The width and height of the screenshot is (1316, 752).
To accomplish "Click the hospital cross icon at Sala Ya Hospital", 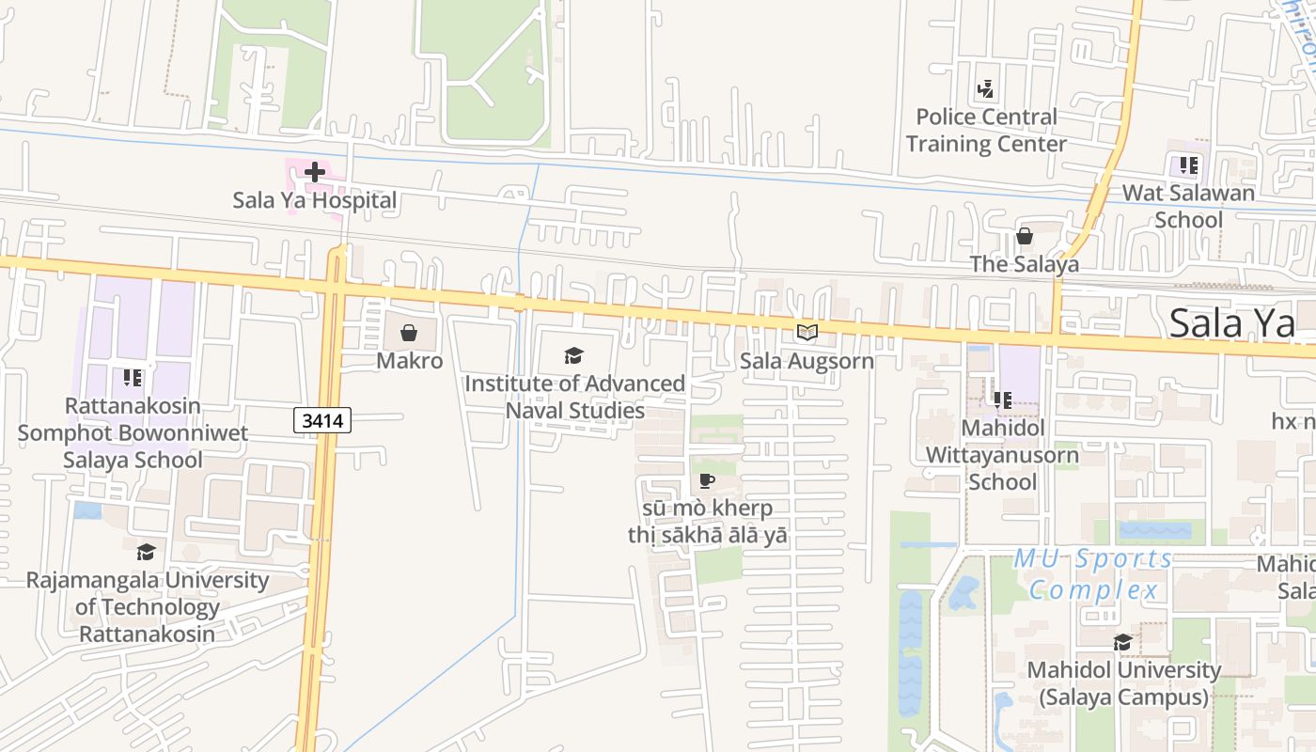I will click(x=315, y=172).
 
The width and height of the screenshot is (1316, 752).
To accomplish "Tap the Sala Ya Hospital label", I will click(x=315, y=200).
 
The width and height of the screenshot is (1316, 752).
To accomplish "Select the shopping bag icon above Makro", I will click(x=409, y=333).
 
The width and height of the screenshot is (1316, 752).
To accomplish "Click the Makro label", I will click(x=409, y=361).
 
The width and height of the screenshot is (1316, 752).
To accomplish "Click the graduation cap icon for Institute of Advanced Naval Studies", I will click(x=573, y=355).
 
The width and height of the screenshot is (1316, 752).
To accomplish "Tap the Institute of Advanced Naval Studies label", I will click(x=575, y=397).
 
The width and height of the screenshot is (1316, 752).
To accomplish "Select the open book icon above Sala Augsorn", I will click(x=807, y=332).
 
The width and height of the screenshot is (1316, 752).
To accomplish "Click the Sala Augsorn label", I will click(x=807, y=361).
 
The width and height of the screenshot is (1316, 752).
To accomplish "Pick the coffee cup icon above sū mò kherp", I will click(x=707, y=481).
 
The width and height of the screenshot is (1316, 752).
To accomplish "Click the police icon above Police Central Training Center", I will click(x=985, y=89).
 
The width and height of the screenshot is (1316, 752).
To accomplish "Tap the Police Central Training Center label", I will click(x=986, y=131).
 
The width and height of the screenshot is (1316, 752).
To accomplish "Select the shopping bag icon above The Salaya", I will click(x=1025, y=236).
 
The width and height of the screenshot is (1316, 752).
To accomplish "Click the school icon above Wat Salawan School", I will click(x=1188, y=165).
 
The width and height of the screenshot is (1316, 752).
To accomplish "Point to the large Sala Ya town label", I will click(x=1232, y=323).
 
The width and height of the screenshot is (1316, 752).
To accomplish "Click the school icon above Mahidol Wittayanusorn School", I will click(x=1002, y=400).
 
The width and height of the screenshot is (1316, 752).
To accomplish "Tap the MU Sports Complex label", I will click(x=1094, y=574).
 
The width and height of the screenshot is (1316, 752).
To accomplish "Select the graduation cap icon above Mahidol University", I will click(x=1122, y=642).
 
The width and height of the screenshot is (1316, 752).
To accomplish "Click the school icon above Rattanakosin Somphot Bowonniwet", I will click(x=133, y=378).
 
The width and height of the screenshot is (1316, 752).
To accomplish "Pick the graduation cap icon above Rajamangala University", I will click(x=146, y=552).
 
